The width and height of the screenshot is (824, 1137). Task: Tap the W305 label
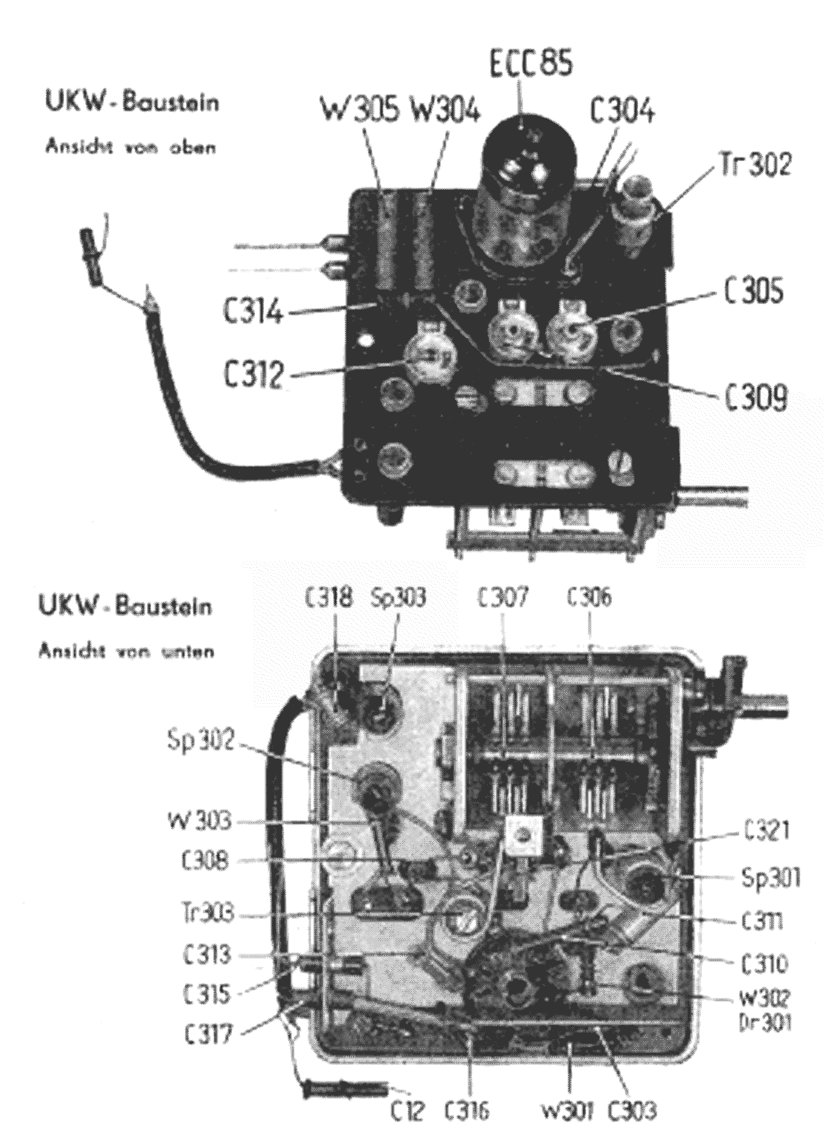[360, 110]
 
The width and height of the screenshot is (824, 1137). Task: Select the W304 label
[445, 110]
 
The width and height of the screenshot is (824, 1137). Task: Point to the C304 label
[622, 111]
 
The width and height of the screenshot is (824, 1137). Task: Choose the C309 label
[754, 396]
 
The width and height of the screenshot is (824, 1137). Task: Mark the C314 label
[254, 314]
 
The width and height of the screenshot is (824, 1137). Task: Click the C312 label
[253, 375]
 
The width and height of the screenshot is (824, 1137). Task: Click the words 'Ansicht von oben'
[130, 147]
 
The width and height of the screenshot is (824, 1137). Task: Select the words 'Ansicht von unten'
[126, 651]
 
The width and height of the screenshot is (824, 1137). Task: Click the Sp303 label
[398, 598]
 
